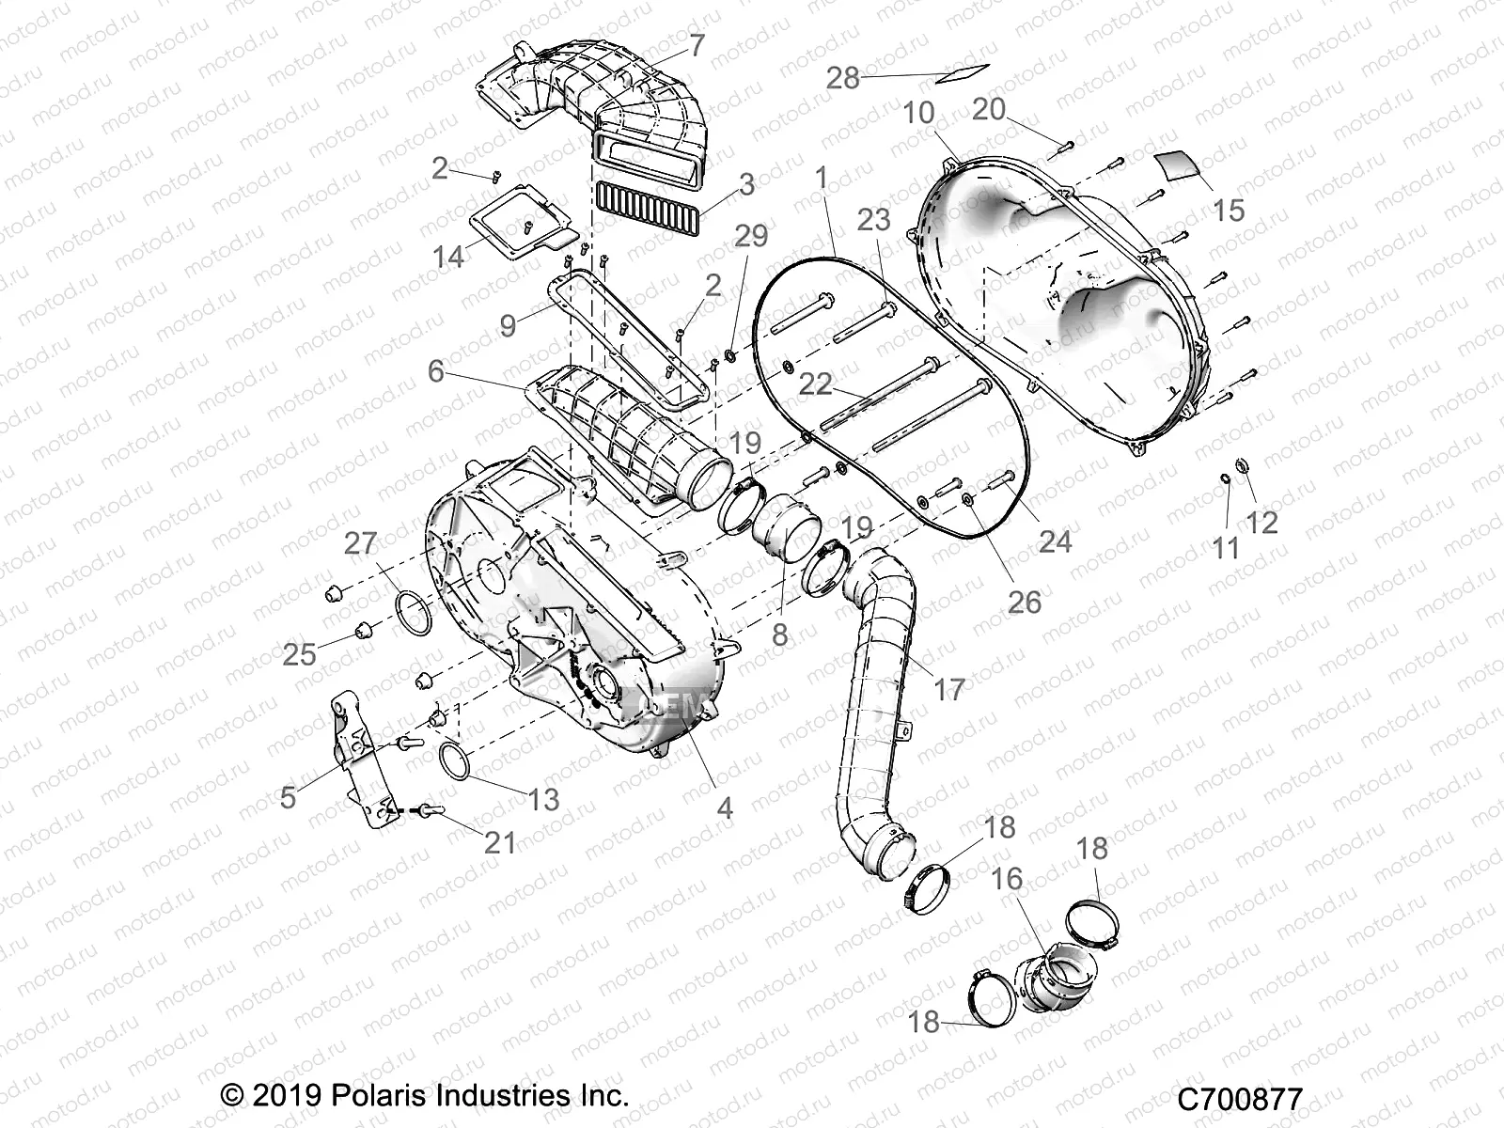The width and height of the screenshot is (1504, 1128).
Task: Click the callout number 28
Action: (x=843, y=78)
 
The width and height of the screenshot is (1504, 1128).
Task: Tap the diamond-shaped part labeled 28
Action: (x=964, y=70)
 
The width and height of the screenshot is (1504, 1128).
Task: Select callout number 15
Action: (x=1229, y=210)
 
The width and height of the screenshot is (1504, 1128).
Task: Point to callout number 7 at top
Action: (x=697, y=45)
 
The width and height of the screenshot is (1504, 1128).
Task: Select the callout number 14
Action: (x=448, y=255)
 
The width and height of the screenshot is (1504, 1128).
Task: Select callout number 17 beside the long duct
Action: (x=949, y=689)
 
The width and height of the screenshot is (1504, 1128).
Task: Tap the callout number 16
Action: (x=1007, y=880)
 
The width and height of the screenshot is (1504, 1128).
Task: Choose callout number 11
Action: (x=1226, y=547)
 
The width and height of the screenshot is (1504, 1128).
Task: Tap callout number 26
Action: (x=1025, y=601)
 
